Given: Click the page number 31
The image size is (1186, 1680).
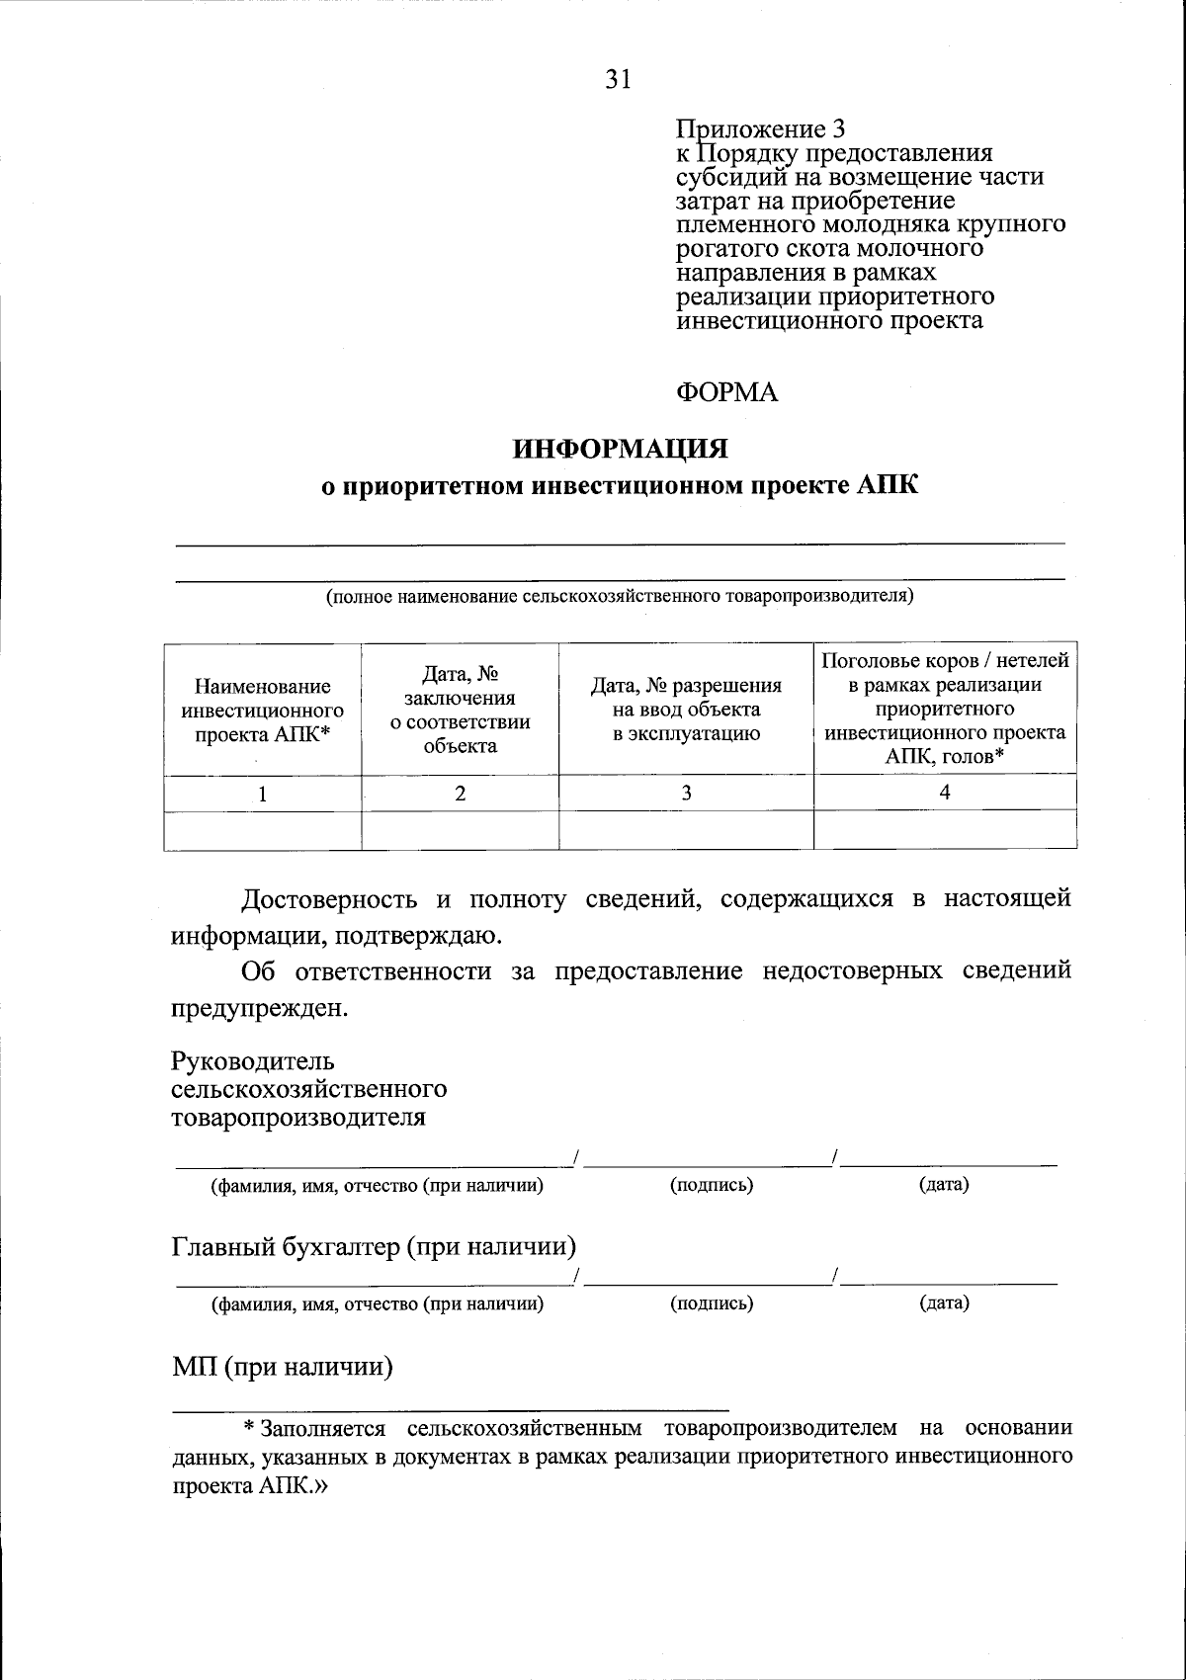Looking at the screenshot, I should (618, 80).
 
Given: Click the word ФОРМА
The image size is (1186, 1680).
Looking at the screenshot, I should (727, 393).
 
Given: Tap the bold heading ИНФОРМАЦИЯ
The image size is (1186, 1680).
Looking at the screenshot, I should (620, 449).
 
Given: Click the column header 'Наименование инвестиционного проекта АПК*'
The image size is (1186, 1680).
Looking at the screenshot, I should (262, 711).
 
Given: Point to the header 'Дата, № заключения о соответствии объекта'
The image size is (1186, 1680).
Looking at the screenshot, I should (460, 710).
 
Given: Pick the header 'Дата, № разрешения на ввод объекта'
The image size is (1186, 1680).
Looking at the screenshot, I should (686, 710).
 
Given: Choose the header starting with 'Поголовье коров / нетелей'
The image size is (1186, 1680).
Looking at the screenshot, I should (945, 709).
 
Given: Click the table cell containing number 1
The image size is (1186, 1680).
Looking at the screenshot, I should (262, 793).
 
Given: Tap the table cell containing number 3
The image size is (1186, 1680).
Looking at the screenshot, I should (686, 793).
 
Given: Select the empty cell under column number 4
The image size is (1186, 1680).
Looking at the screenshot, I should (945, 829).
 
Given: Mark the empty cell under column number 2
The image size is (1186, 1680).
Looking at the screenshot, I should (460, 829).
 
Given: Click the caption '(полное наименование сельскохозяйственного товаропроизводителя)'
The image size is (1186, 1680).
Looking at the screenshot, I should (620, 596).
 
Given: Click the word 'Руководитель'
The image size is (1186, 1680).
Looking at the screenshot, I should (253, 1062).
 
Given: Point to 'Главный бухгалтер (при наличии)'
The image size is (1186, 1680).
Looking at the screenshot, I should (374, 1246).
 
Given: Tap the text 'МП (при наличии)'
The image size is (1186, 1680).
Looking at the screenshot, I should (283, 1368).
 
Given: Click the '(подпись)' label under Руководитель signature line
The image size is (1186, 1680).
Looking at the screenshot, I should (712, 1185).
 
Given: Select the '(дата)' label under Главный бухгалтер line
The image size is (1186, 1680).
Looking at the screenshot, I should (944, 1303).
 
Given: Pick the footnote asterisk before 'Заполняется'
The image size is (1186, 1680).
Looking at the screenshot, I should (250, 1428).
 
